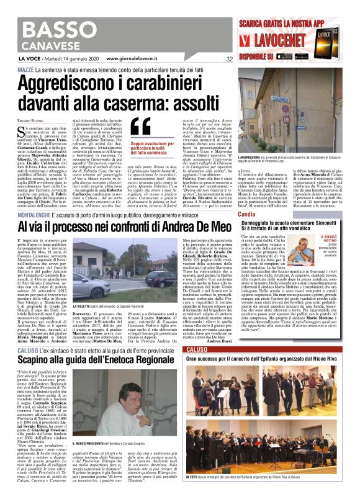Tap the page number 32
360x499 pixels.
point(230,60)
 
